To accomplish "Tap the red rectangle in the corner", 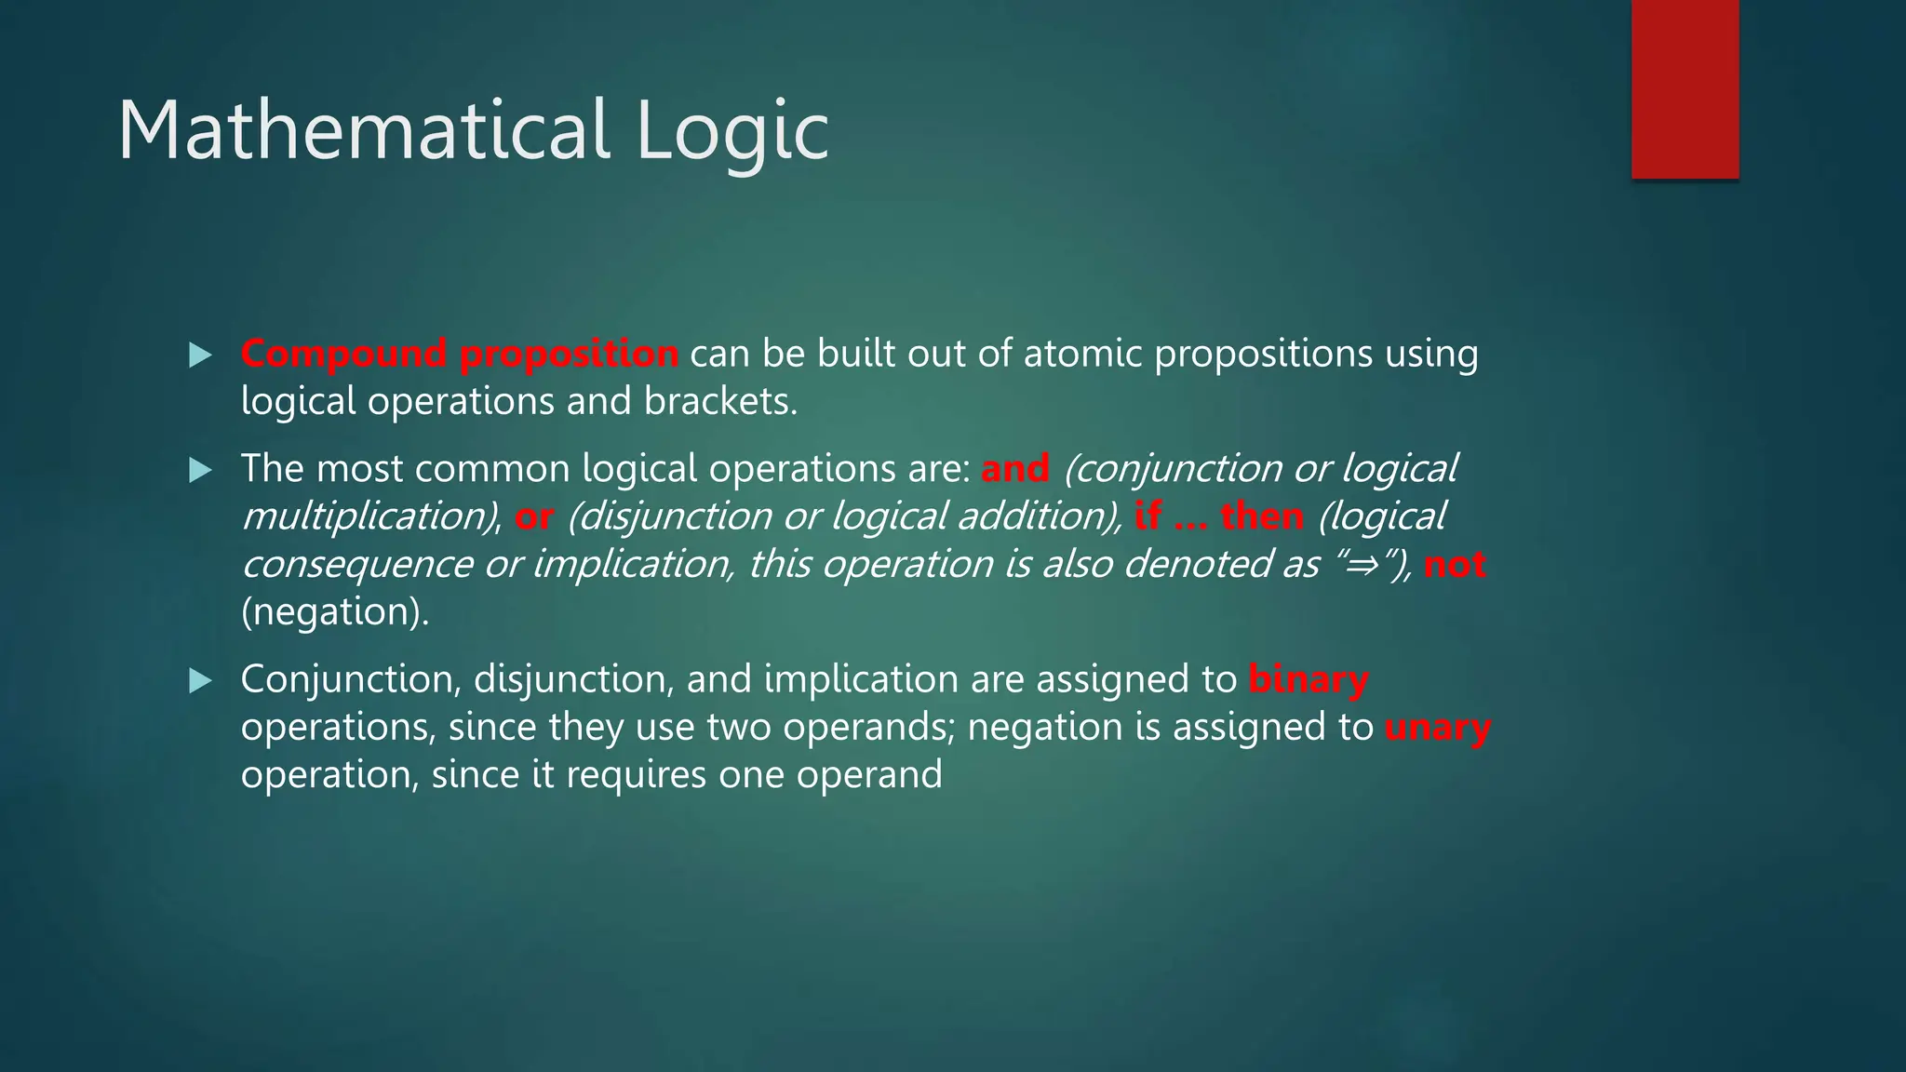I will click(x=1685, y=88).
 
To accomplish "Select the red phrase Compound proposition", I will click(x=459, y=355).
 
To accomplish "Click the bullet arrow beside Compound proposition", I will click(x=200, y=355).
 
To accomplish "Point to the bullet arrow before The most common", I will click(x=200, y=470).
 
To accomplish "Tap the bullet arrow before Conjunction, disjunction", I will click(x=200, y=681).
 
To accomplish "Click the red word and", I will click(x=1014, y=469).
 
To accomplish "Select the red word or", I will click(x=534, y=517).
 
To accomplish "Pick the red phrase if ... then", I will click(x=1219, y=516).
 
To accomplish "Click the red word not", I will click(x=1455, y=565).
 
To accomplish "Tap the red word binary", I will click(x=1308, y=680).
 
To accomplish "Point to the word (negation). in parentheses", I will click(x=335, y=612).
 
